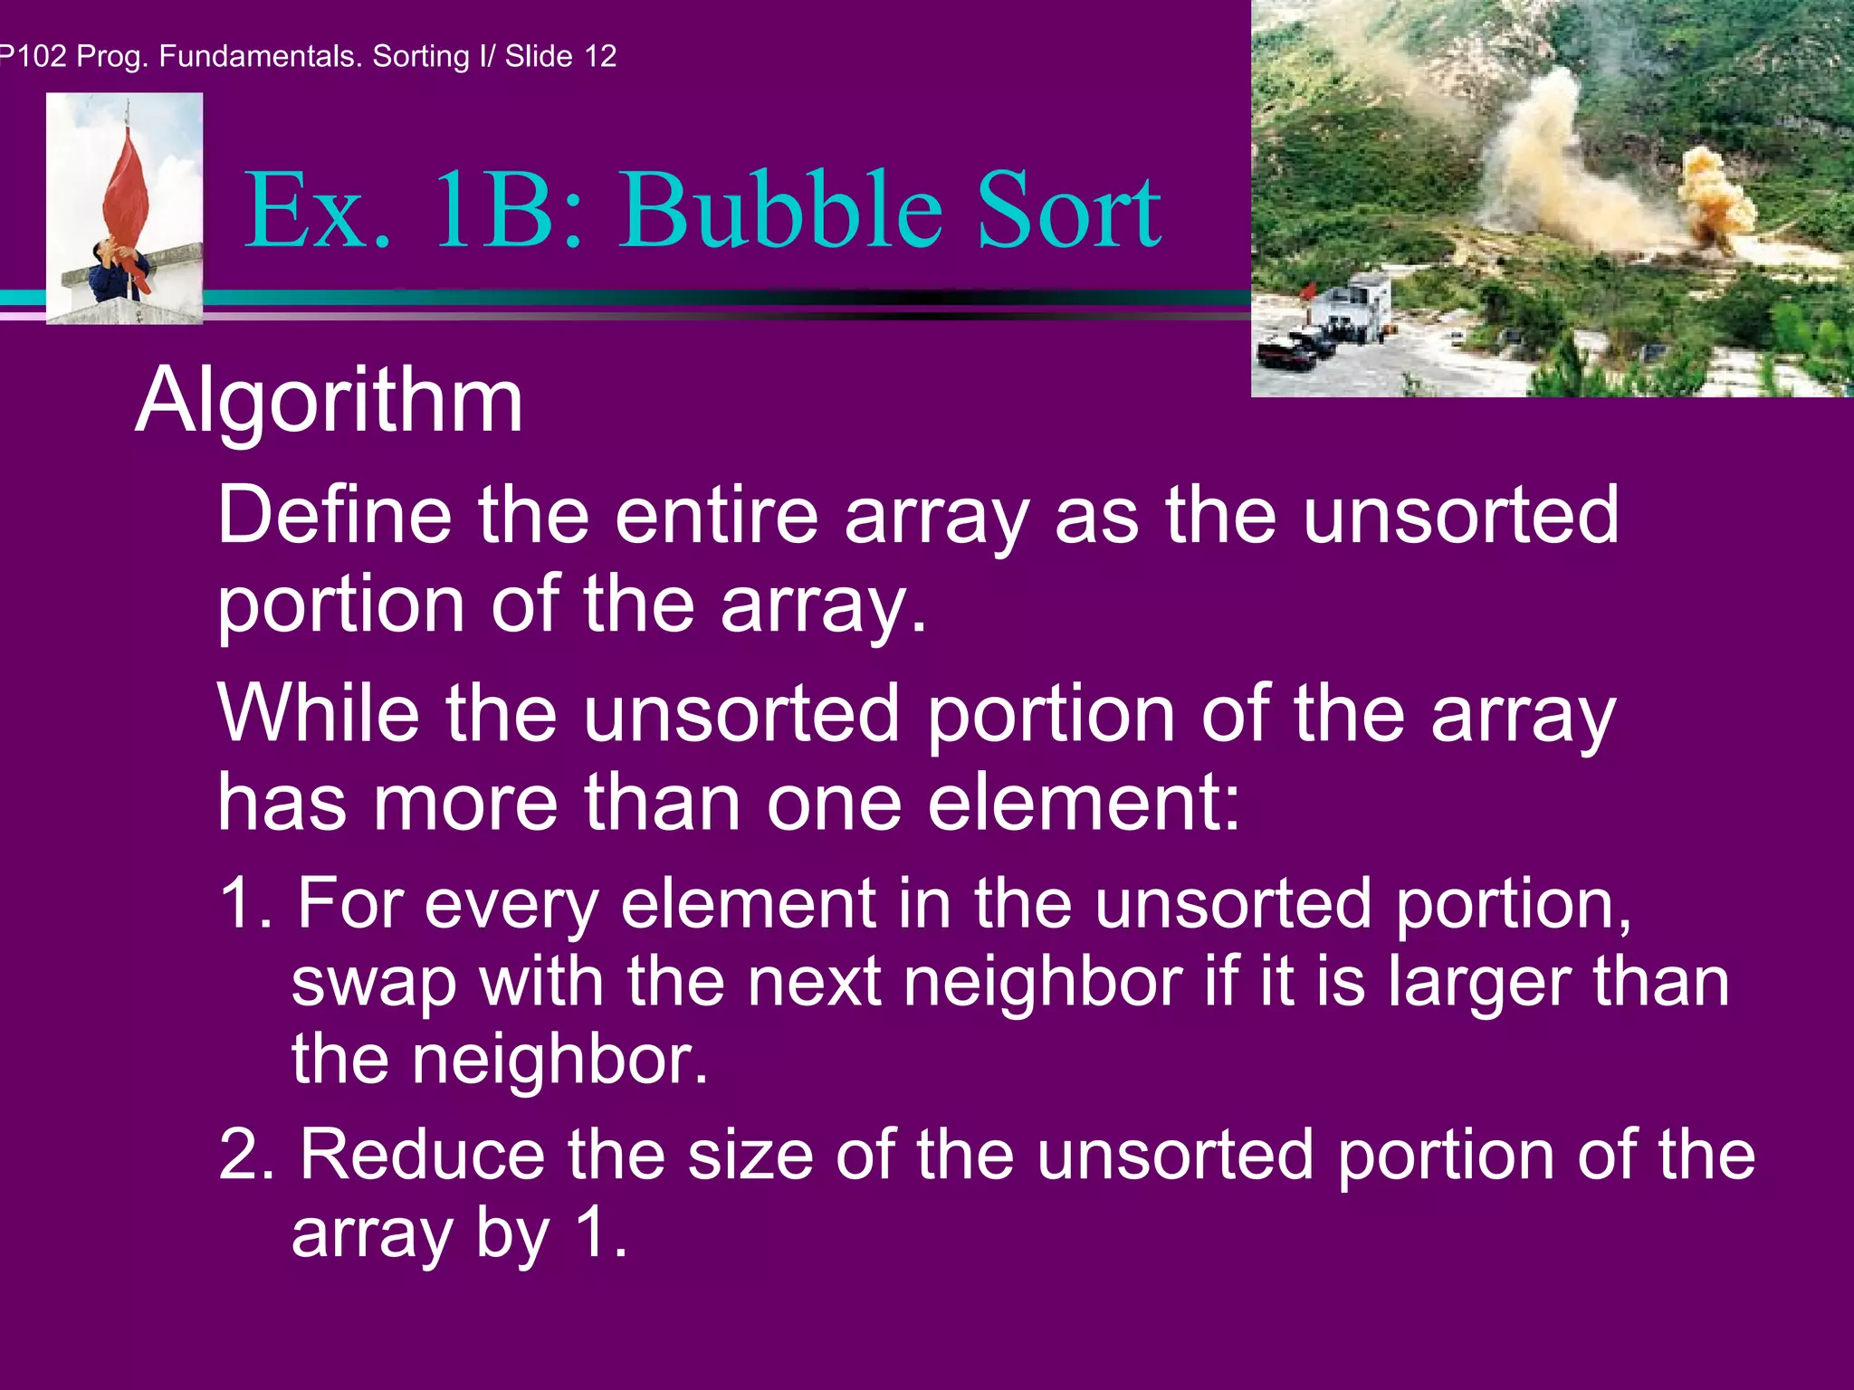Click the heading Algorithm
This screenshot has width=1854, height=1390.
click(329, 401)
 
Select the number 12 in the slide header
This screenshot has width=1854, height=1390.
click(599, 56)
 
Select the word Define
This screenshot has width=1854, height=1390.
click(334, 515)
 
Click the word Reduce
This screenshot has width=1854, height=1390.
click(421, 1155)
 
